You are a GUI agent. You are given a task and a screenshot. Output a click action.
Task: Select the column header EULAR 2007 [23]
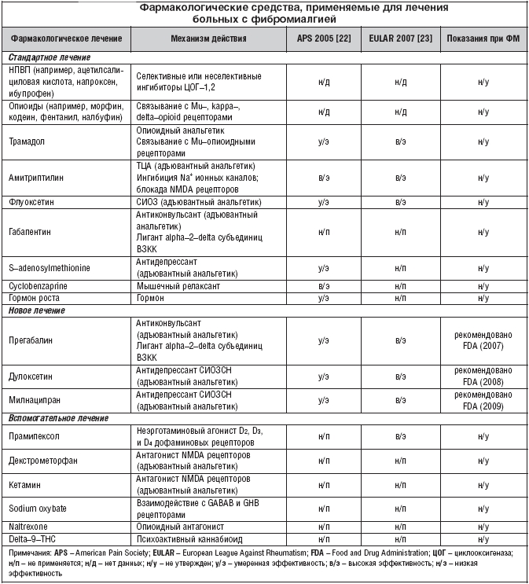click(x=399, y=39)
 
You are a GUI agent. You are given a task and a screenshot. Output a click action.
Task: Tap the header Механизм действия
click(x=209, y=39)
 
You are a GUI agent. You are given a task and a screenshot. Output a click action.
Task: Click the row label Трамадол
click(x=29, y=142)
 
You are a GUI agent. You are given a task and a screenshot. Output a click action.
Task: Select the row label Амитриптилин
click(x=38, y=178)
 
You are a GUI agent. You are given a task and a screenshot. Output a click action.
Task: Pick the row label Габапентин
click(x=34, y=233)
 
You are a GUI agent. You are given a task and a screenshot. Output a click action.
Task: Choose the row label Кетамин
click(x=27, y=487)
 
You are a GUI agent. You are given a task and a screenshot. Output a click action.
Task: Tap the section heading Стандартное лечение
click(x=49, y=57)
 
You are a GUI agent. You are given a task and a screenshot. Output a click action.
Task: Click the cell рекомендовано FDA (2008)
click(x=483, y=376)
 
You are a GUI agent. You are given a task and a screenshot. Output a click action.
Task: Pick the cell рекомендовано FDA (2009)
click(x=483, y=400)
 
